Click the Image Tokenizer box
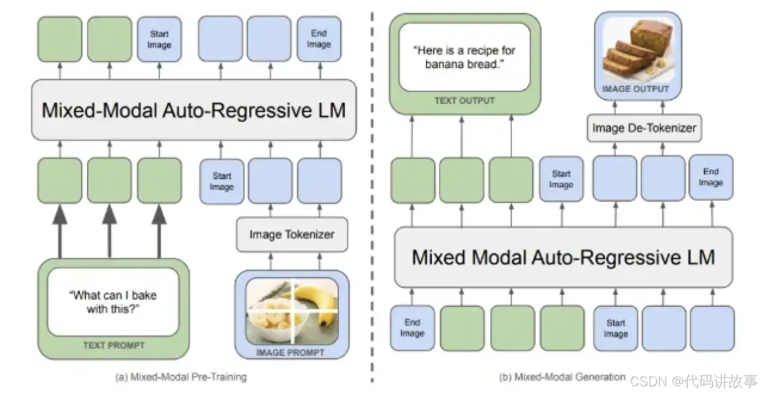(291, 235)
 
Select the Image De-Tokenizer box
(644, 127)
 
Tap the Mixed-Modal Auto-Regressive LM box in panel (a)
(193, 110)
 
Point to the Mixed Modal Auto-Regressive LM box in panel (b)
(563, 257)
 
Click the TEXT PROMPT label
(113, 345)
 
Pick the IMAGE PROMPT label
(290, 352)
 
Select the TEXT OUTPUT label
(464, 100)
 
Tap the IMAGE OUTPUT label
(635, 89)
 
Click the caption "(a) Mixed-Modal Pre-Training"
(180, 377)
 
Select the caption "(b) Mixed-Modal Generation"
(561, 377)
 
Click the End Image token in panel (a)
(319, 39)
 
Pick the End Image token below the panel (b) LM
(412, 328)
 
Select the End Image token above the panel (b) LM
(710, 177)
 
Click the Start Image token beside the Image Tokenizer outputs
(221, 181)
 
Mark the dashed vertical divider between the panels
(372, 197)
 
